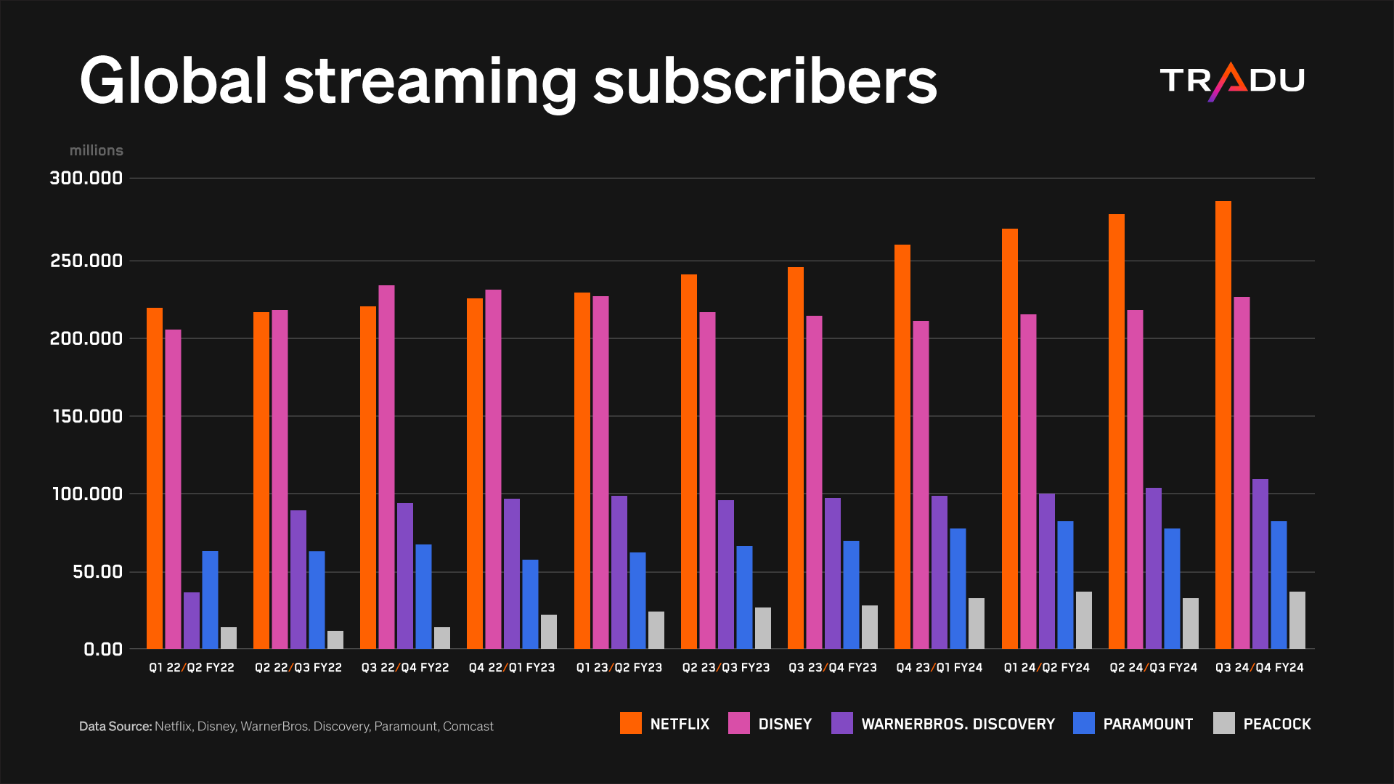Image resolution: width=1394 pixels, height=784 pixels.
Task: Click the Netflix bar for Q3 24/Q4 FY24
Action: (x=1223, y=425)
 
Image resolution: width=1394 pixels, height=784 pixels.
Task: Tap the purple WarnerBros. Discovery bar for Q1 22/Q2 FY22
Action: (x=191, y=621)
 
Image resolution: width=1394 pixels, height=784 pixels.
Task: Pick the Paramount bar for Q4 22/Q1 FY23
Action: (x=530, y=604)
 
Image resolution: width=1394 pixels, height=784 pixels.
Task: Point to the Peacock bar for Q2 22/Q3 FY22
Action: (x=335, y=640)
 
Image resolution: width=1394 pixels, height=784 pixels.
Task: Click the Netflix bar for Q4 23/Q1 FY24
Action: (x=902, y=446)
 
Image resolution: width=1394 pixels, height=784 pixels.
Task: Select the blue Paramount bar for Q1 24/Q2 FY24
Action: (x=1064, y=585)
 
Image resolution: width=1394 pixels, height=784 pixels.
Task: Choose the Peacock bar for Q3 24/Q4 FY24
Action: (x=1297, y=620)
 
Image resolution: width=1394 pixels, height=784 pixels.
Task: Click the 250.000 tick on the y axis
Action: (x=86, y=261)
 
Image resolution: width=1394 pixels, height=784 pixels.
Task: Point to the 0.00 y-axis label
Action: (x=102, y=649)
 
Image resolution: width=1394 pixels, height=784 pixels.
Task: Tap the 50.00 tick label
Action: (x=97, y=571)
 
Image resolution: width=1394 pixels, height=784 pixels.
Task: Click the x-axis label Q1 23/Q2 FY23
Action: (x=619, y=667)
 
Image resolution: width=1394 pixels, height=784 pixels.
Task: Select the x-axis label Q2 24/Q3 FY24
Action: (x=1153, y=667)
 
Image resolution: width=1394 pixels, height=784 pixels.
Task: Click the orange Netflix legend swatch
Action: (x=630, y=723)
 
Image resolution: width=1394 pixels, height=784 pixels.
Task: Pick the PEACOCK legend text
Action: (x=1276, y=724)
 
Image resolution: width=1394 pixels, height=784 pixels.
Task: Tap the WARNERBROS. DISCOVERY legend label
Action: (x=958, y=724)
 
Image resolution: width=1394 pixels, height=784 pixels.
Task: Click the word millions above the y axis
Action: (x=96, y=150)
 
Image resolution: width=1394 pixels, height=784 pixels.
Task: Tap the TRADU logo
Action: (x=1231, y=81)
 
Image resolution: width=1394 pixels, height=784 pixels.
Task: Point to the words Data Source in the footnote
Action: (x=115, y=726)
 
